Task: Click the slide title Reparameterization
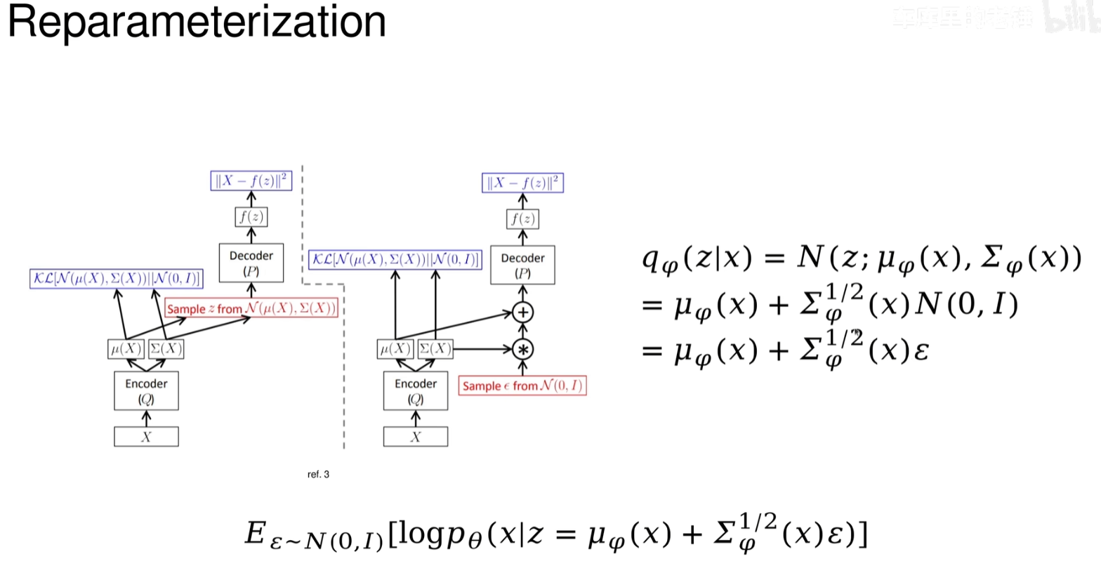(197, 22)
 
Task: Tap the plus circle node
(522, 312)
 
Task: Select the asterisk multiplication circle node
(522, 348)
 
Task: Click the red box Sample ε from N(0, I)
(522, 386)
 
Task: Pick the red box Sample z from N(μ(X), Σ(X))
(251, 308)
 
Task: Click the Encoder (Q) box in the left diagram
(146, 391)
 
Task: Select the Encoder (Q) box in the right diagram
(416, 391)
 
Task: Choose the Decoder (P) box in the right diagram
(522, 265)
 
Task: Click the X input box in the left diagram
(146, 437)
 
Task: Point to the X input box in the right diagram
(416, 437)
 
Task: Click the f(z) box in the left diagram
(251, 217)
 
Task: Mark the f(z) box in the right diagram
(522, 219)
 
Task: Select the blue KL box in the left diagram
(116, 278)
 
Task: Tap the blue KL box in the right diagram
(395, 260)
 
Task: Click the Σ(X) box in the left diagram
(166, 349)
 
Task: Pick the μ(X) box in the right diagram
(395, 349)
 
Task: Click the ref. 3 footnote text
(318, 475)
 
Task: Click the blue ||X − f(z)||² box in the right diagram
(523, 183)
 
